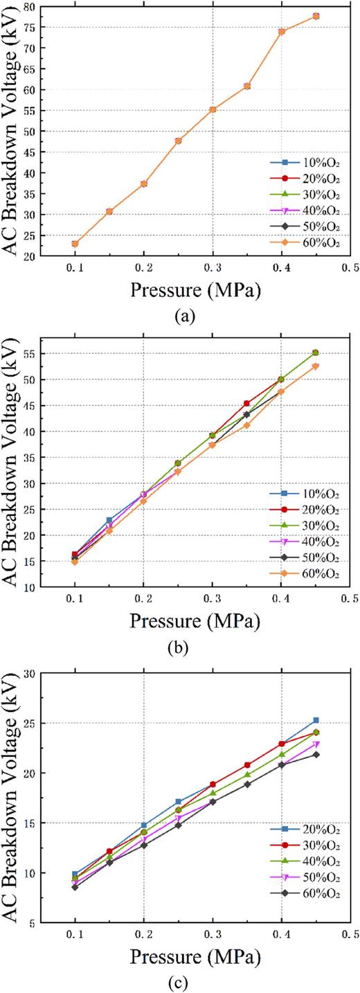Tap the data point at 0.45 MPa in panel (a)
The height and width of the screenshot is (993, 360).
click(316, 16)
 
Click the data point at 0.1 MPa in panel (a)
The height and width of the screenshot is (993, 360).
click(75, 244)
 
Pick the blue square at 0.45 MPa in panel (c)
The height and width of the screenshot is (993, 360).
click(316, 721)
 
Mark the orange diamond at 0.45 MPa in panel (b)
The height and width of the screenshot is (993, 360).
click(316, 366)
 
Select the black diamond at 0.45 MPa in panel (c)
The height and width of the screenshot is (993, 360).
click(316, 754)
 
